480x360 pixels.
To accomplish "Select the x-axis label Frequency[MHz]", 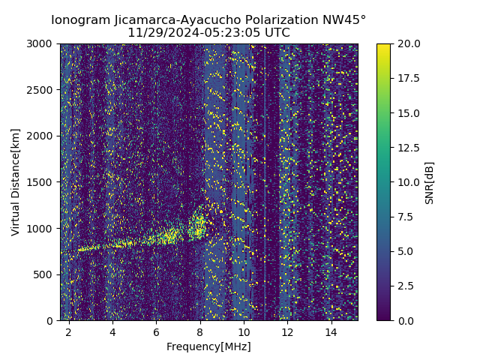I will click(208, 346).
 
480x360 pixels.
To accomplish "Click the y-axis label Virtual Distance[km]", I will click(16, 182).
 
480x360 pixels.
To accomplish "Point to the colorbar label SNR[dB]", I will click(430, 182).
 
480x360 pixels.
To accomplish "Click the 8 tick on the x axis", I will click(200, 331).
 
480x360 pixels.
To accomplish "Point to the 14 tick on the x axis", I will click(331, 331).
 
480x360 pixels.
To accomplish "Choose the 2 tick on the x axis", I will click(69, 331).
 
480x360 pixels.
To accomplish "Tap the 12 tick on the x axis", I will click(287, 331).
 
